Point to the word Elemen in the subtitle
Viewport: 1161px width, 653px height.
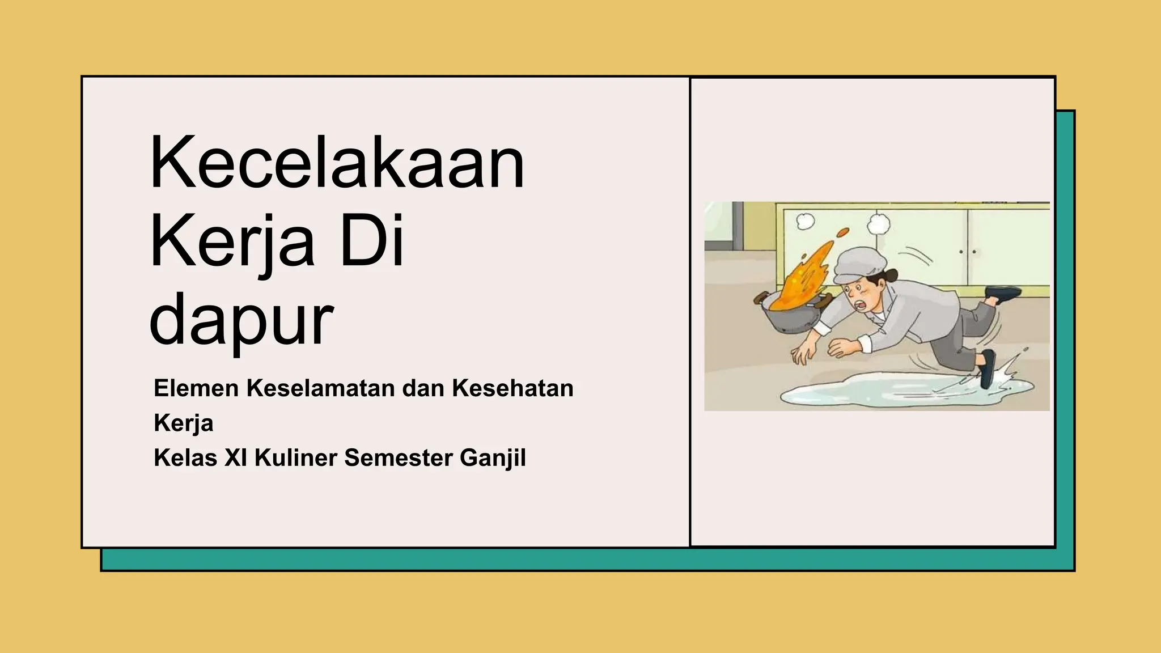pos(196,389)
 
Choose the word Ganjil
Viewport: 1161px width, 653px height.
pos(493,458)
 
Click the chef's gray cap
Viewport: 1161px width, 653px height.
pos(859,264)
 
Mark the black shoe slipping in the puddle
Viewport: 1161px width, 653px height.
pos(988,368)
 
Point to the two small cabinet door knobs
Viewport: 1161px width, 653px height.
pos(968,252)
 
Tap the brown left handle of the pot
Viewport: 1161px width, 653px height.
pos(760,297)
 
